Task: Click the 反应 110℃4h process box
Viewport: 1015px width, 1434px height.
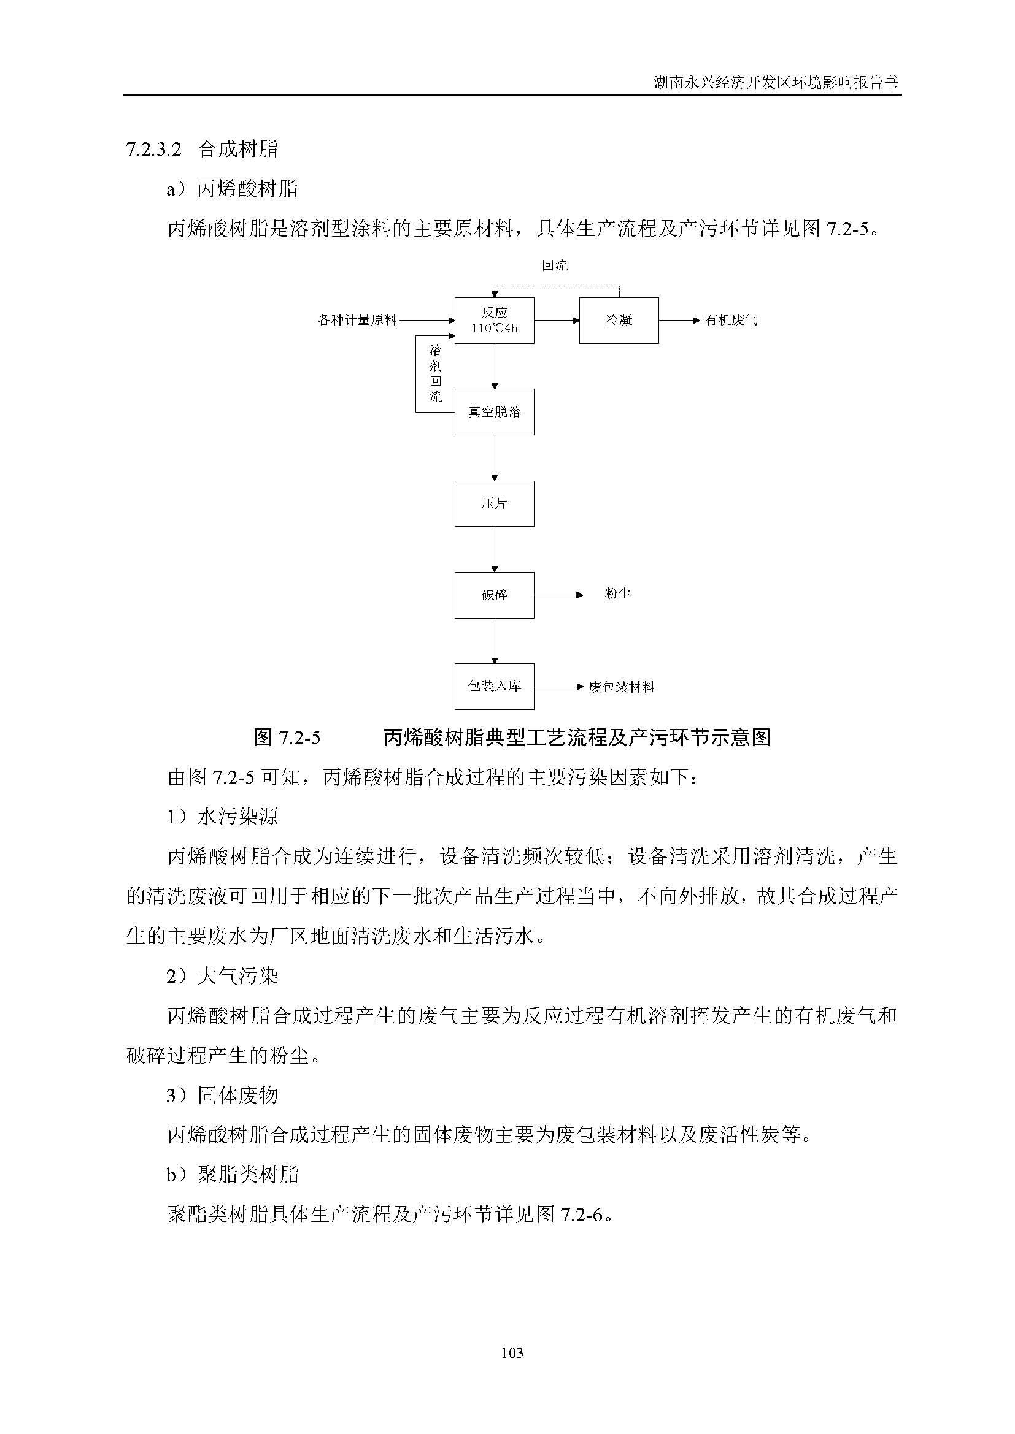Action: tap(494, 321)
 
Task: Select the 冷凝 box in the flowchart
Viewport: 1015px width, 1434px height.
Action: tap(619, 321)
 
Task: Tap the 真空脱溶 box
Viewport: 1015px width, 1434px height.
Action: tap(494, 412)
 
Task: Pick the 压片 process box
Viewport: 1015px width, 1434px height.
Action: tap(494, 503)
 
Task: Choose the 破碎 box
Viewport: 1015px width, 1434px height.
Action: tap(494, 595)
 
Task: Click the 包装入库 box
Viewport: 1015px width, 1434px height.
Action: tap(494, 687)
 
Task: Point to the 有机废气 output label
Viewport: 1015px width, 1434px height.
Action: tap(731, 321)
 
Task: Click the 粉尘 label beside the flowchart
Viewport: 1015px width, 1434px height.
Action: tap(617, 593)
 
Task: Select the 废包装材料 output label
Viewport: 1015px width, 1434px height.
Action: tap(621, 687)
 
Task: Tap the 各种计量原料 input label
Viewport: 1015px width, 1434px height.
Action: tap(357, 321)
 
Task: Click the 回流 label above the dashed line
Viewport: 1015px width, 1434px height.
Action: tap(554, 265)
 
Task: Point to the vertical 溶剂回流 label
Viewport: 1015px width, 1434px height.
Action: tap(436, 373)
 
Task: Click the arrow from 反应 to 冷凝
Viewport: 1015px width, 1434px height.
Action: tap(556, 321)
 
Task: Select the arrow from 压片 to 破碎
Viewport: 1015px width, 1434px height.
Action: tap(495, 549)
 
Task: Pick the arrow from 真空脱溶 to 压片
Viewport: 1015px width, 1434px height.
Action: tap(495, 458)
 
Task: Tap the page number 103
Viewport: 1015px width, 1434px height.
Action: tap(512, 1353)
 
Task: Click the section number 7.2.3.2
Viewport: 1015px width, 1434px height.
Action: tap(154, 149)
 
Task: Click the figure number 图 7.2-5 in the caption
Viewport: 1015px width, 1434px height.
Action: tap(287, 738)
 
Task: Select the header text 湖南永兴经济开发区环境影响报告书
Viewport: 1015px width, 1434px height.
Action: tap(776, 82)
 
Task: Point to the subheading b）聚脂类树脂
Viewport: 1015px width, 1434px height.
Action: tap(232, 1174)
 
